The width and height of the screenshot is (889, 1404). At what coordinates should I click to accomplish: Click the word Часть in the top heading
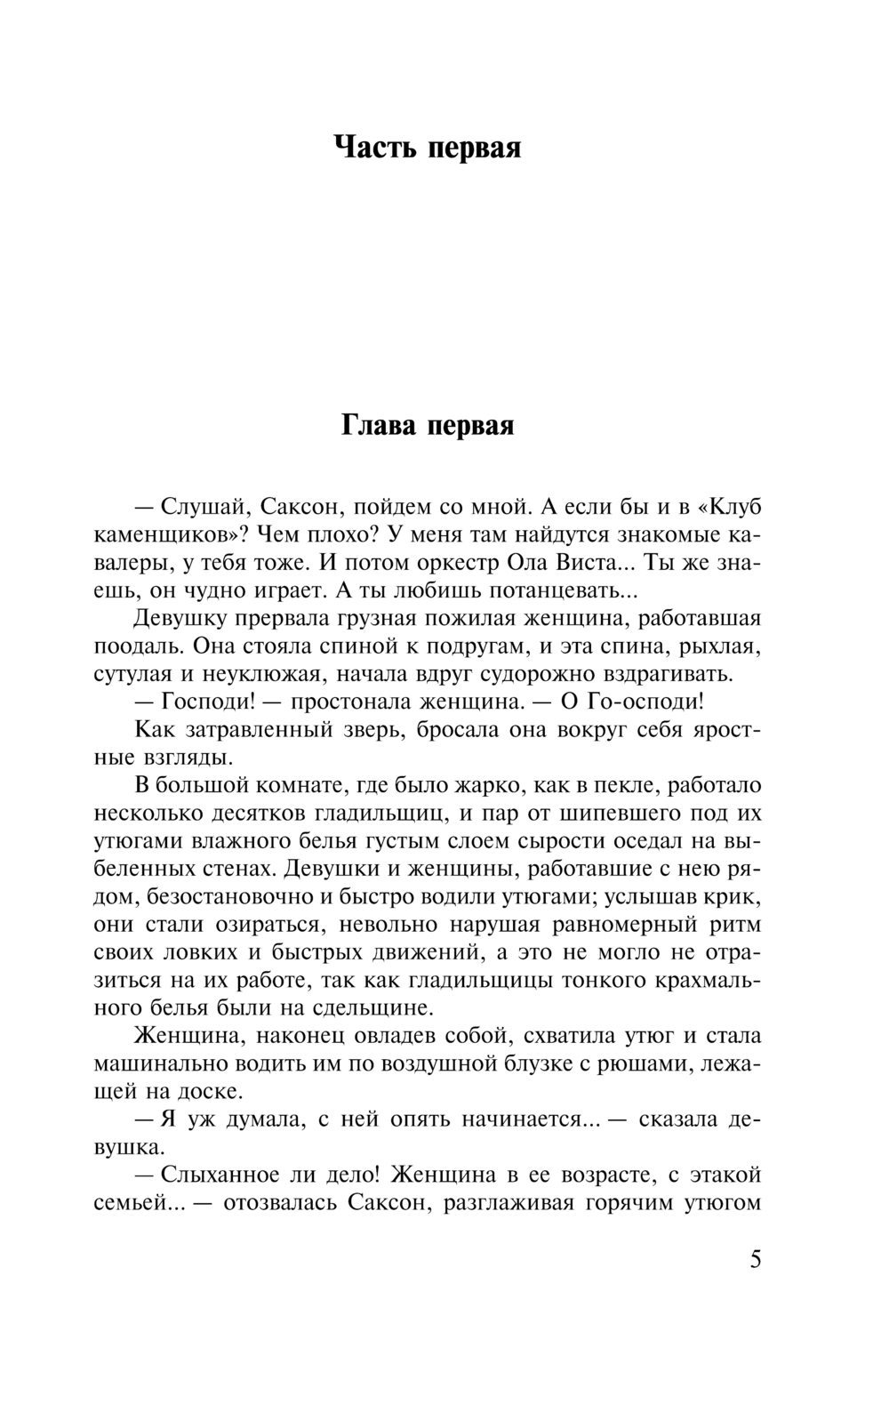tap(373, 147)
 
